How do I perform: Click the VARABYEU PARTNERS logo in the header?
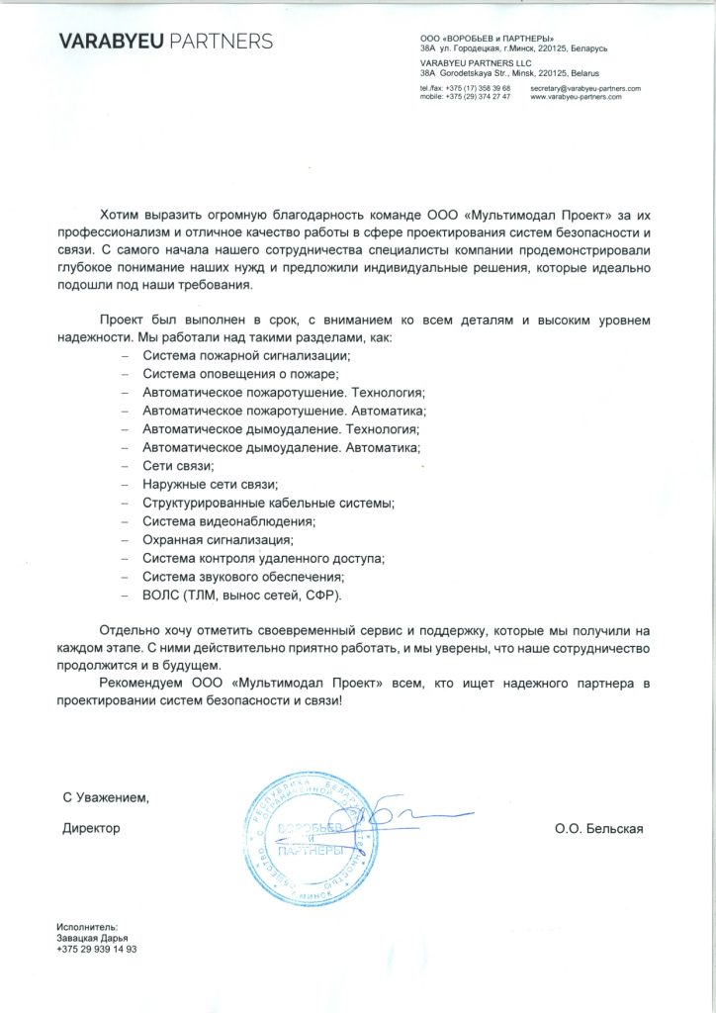tap(165, 41)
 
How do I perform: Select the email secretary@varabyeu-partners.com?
tap(585, 89)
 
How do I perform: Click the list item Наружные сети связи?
tap(211, 485)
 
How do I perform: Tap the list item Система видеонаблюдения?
tap(228, 521)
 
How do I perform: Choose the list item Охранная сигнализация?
tap(219, 540)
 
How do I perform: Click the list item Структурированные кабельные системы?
tap(268, 503)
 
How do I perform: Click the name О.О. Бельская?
tap(599, 829)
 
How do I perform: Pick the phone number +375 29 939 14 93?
tap(97, 949)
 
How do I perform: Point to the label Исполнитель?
tap(87, 927)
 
